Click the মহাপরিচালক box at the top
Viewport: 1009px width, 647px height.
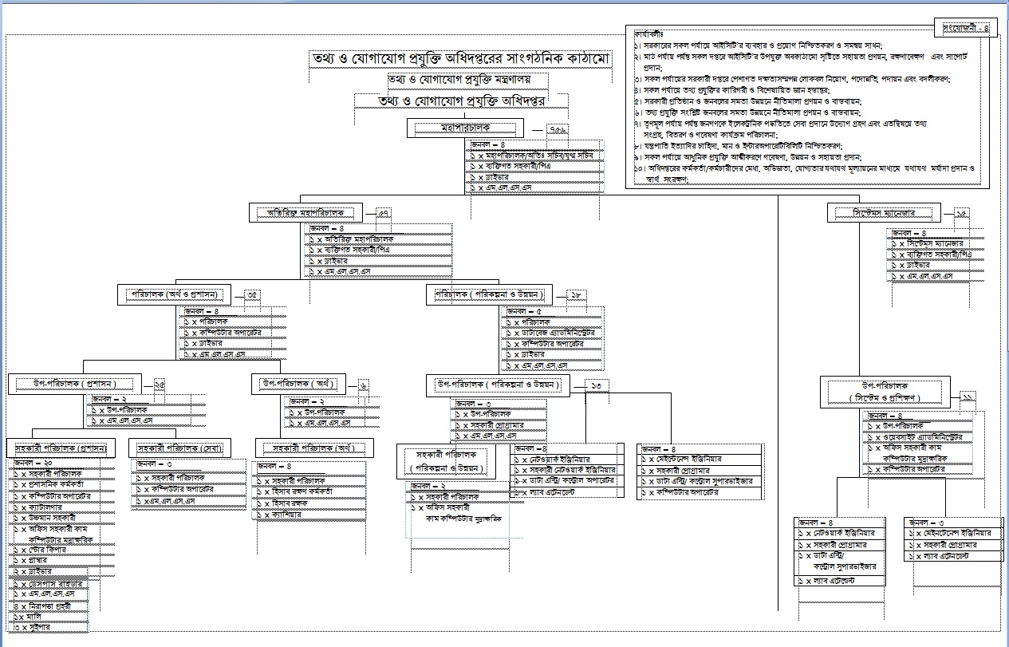coord(466,128)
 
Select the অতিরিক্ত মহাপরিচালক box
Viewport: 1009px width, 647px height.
coord(305,213)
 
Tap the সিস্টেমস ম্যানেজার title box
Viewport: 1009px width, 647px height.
coord(883,213)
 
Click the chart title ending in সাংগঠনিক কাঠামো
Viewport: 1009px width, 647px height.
coord(460,61)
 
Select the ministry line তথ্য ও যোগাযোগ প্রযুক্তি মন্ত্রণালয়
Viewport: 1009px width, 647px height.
coord(458,80)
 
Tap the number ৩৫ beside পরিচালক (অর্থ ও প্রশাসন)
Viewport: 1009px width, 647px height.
coord(252,295)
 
